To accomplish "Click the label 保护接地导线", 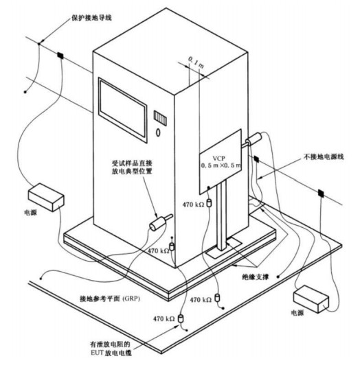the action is click(x=92, y=18).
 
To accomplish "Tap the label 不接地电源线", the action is click(x=324, y=156).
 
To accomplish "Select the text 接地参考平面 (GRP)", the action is click(x=110, y=299).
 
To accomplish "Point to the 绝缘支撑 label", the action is click(x=256, y=277).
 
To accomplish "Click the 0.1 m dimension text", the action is click(x=196, y=62).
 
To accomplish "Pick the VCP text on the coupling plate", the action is click(x=219, y=159).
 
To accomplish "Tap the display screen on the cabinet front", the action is click(x=122, y=110).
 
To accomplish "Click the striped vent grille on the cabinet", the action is click(x=160, y=118).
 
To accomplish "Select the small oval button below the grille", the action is click(x=158, y=132).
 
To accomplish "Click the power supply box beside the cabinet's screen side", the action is click(x=46, y=197).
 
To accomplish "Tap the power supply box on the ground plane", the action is click(x=311, y=299).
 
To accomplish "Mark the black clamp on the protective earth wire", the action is click(x=60, y=56).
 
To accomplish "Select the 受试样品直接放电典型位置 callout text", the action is click(x=132, y=167).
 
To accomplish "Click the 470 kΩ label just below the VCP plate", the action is click(x=193, y=204).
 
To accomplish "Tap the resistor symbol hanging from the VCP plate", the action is click(x=209, y=203).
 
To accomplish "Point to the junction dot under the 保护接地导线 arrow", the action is click(x=39, y=44).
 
